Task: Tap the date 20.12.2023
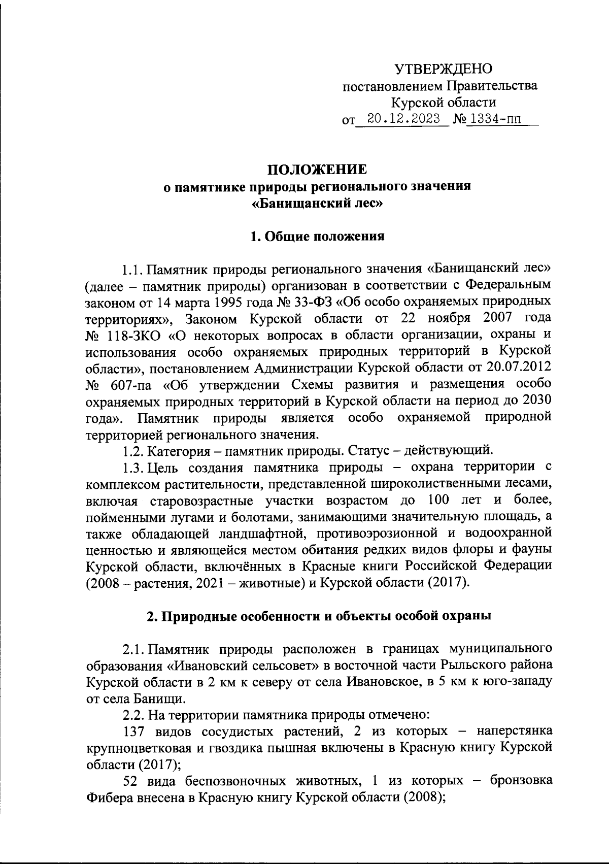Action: [404, 120]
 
